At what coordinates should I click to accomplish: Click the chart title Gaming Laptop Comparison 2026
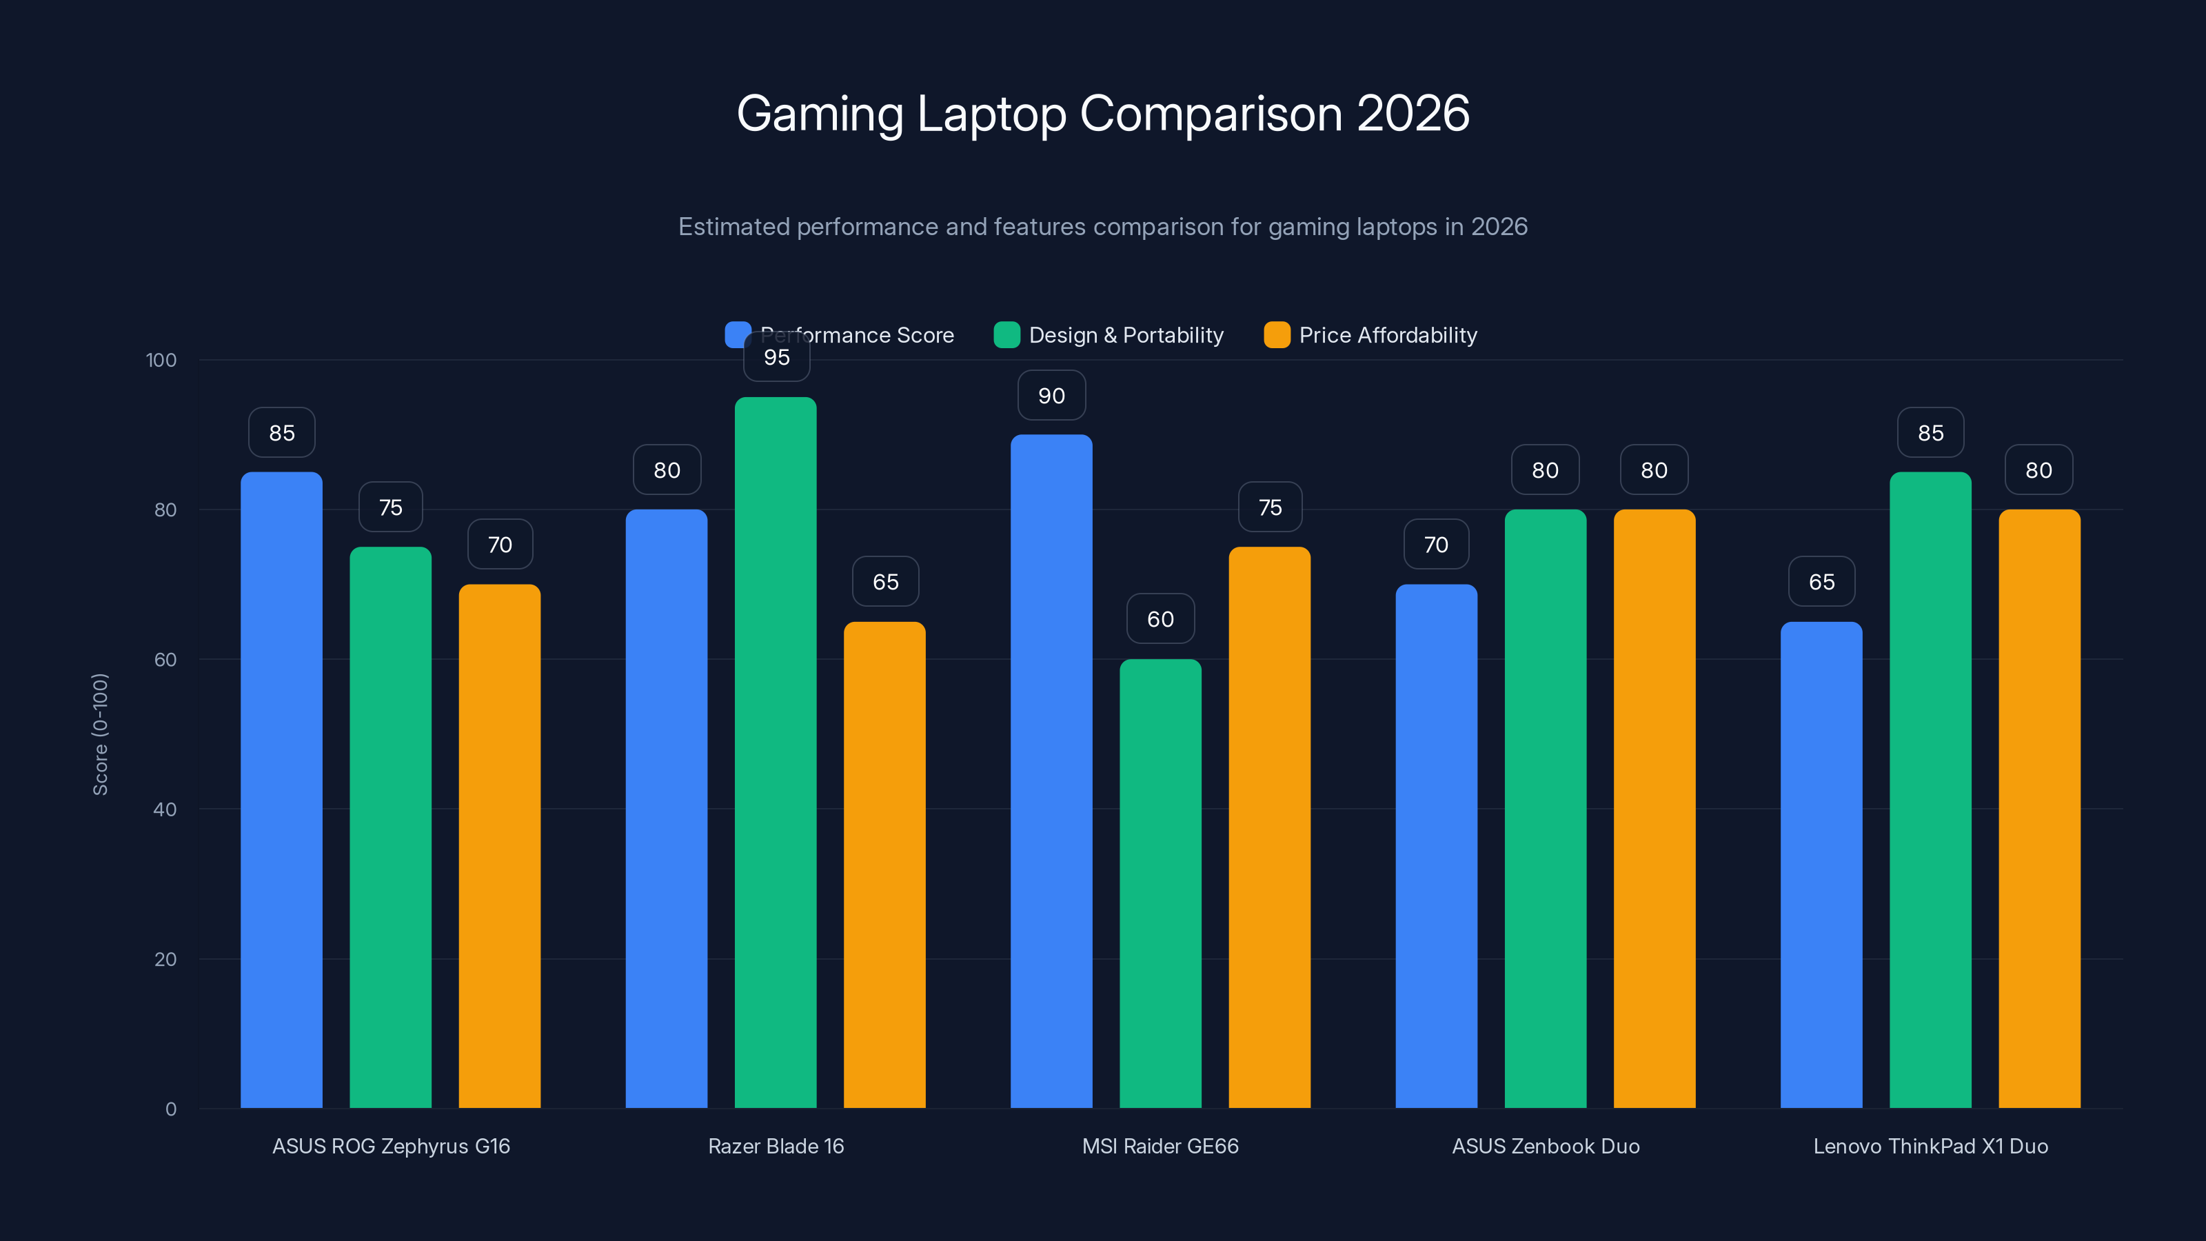pos(1102,113)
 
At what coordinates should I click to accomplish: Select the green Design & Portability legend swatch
pos(1006,335)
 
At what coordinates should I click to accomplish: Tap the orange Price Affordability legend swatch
pos(1276,335)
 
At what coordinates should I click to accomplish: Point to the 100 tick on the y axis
pos(161,360)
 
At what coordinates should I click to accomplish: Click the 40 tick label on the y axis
pos(165,809)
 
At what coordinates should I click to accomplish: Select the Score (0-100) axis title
pos(100,734)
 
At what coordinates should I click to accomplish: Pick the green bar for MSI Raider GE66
pos(1160,882)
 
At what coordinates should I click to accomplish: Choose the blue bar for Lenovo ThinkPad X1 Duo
pos(1821,865)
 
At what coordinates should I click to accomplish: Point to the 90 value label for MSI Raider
pos(1051,396)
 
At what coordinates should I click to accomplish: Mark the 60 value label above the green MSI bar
pos(1160,619)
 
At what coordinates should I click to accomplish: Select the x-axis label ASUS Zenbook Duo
pos(1545,1146)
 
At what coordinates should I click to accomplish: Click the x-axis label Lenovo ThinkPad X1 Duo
pos(1930,1146)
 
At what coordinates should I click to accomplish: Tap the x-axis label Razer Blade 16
pos(776,1146)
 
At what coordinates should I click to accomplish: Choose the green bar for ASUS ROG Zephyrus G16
pos(390,827)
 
